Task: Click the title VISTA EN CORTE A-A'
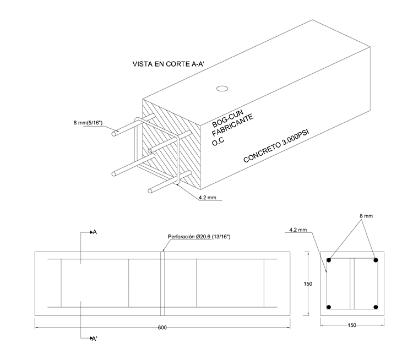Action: pyautogui.click(x=169, y=64)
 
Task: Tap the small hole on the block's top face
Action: pyautogui.click(x=222, y=88)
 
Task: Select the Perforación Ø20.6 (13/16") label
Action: pyautogui.click(x=198, y=237)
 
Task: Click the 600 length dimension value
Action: pyautogui.click(x=162, y=328)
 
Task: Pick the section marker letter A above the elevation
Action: pyautogui.click(x=95, y=233)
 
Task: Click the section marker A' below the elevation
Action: pyautogui.click(x=95, y=338)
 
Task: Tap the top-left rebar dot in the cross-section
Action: pyautogui.click(x=329, y=260)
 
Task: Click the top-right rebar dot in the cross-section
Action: pyautogui.click(x=376, y=260)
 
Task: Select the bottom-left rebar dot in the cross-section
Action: pyautogui.click(x=329, y=307)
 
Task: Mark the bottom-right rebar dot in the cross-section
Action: pyautogui.click(x=376, y=307)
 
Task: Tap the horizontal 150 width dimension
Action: pyautogui.click(x=352, y=325)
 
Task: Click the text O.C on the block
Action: pyautogui.click(x=219, y=142)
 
